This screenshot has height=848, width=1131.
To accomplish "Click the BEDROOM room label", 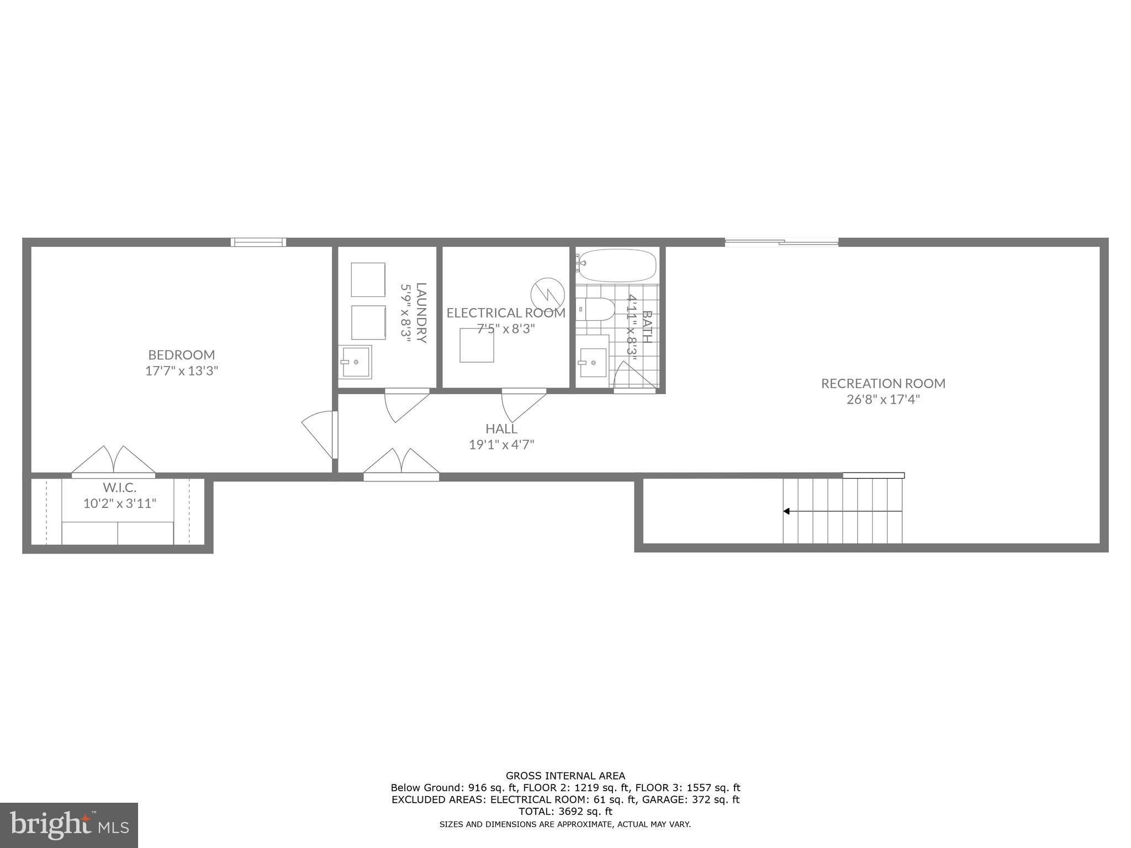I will pyautogui.click(x=181, y=354).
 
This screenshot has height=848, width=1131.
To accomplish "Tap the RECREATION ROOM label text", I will pyautogui.click(x=882, y=383).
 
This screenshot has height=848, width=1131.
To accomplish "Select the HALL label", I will pyautogui.click(x=501, y=428).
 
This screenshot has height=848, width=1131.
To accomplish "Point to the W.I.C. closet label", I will pyautogui.click(x=119, y=487).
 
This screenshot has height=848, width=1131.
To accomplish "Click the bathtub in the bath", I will pyautogui.click(x=617, y=266).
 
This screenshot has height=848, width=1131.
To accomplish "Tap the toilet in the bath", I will pyautogui.click(x=595, y=310).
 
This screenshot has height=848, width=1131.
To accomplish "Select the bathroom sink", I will pyautogui.click(x=593, y=363).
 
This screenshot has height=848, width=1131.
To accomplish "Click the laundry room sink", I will pyautogui.click(x=356, y=362).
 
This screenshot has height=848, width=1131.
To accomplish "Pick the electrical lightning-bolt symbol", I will pyautogui.click(x=547, y=294).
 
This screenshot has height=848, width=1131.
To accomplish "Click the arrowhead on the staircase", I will pyautogui.click(x=786, y=511).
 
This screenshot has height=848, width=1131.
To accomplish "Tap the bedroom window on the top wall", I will pyautogui.click(x=258, y=242).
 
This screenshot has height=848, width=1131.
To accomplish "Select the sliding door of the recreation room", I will pyautogui.click(x=781, y=242).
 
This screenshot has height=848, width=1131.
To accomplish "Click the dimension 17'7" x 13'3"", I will pyautogui.click(x=181, y=370).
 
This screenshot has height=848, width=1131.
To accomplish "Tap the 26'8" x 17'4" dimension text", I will pyautogui.click(x=882, y=399).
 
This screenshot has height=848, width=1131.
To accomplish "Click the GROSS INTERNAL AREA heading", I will pyautogui.click(x=565, y=776).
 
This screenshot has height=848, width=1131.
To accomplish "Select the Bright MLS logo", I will pyautogui.click(x=68, y=825).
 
